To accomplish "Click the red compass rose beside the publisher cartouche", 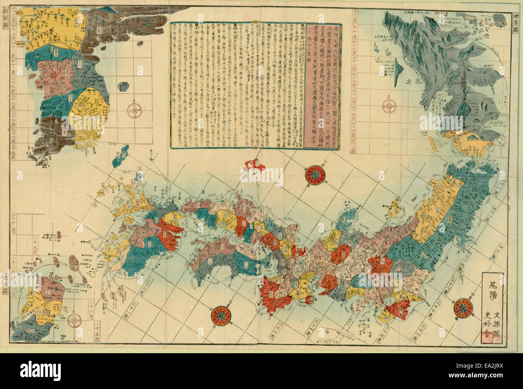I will [463, 308].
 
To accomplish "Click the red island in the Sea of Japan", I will [254, 165].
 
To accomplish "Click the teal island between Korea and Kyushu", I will [120, 158].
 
